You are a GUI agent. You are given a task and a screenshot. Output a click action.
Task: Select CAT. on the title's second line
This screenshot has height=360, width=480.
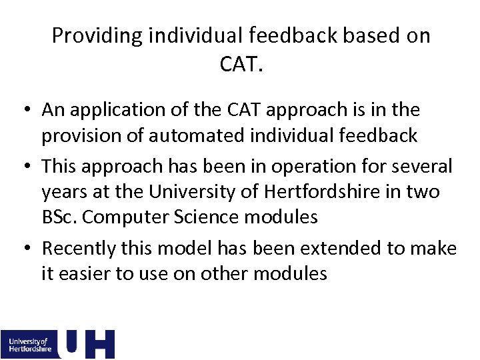point(241,64)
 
